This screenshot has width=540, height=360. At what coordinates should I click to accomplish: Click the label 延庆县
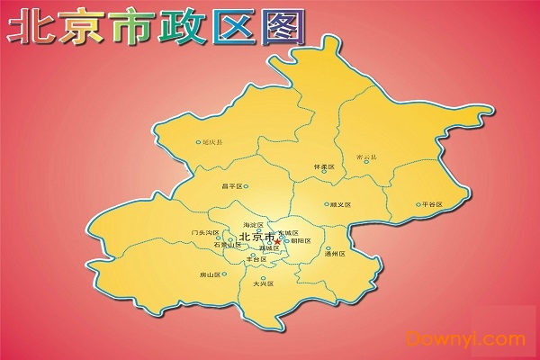[213, 142]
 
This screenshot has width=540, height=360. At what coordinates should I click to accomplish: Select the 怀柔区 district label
[323, 167]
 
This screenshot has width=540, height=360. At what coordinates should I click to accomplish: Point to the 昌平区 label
[231, 187]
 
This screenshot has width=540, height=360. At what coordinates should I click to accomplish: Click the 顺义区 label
[341, 205]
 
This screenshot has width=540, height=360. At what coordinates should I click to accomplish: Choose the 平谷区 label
[433, 204]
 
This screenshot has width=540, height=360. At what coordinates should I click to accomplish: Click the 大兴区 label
[262, 283]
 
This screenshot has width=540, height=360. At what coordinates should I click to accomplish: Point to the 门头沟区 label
[205, 232]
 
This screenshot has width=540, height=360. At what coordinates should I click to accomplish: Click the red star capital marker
[276, 239]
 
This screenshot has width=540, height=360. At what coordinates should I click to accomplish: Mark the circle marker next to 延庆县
[198, 142]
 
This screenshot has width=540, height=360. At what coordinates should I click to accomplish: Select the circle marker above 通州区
[328, 248]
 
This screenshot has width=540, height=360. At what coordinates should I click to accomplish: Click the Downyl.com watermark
[466, 339]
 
